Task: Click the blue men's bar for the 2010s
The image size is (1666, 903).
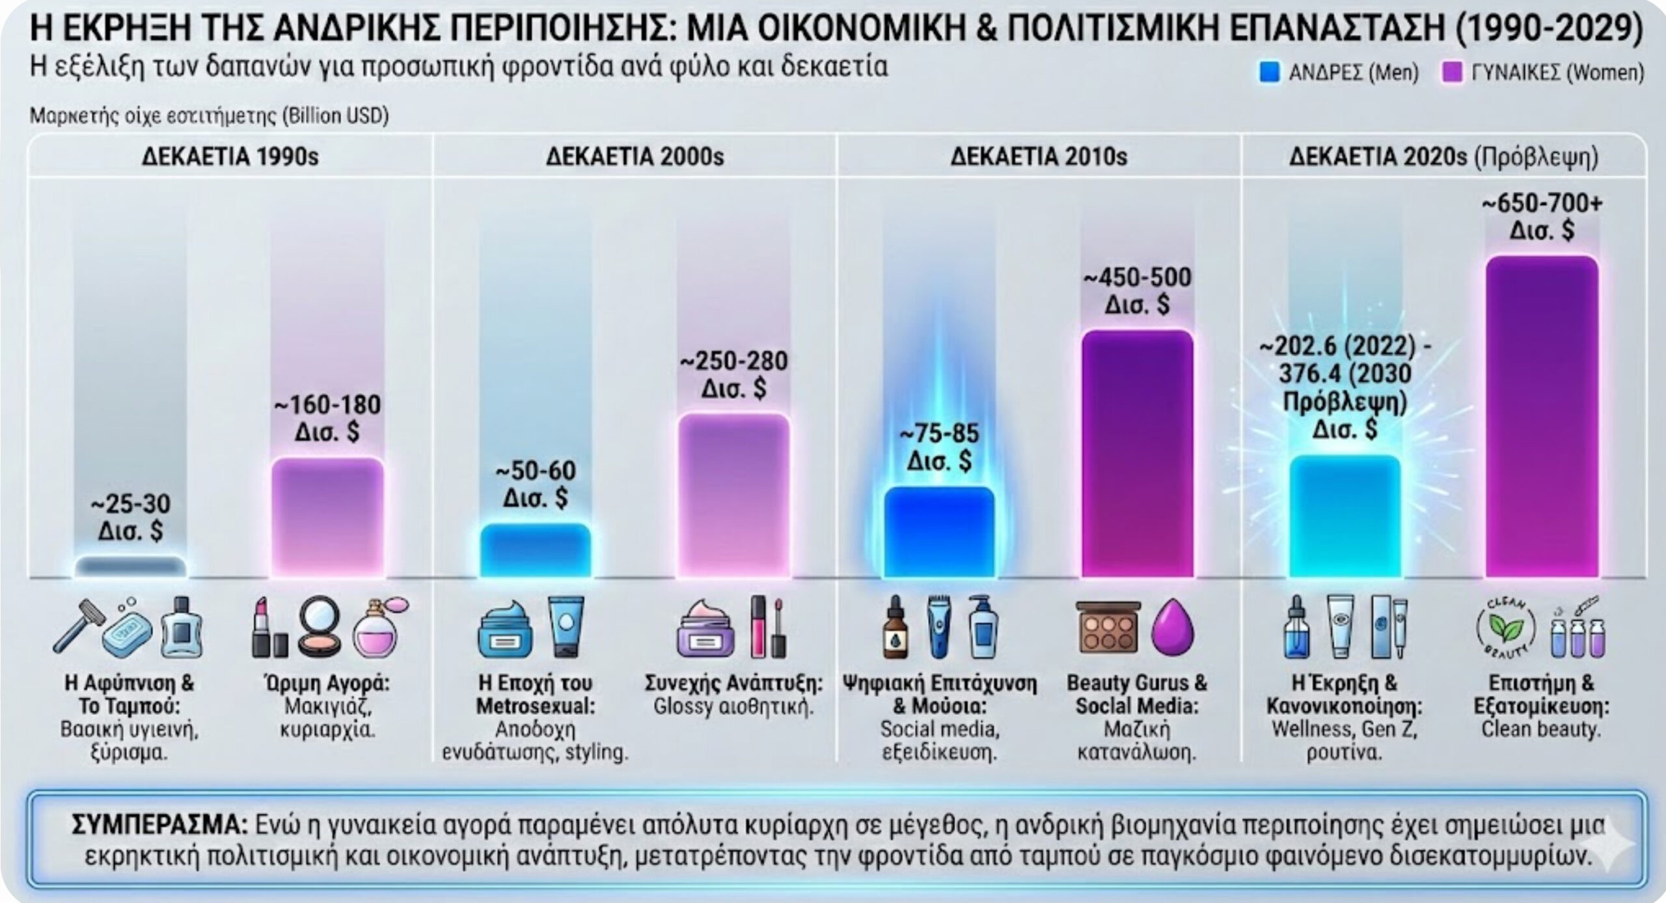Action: pyautogui.click(x=938, y=532)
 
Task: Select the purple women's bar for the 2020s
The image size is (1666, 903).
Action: pyautogui.click(x=1542, y=417)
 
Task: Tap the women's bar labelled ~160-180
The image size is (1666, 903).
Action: pyautogui.click(x=327, y=518)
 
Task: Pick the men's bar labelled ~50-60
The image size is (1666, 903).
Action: pyautogui.click(x=535, y=551)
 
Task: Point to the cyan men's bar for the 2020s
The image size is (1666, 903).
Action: pyautogui.click(x=1345, y=516)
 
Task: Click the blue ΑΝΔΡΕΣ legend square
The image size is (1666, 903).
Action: pyautogui.click(x=1269, y=72)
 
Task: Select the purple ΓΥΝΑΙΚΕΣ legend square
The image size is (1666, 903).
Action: pyautogui.click(x=1452, y=72)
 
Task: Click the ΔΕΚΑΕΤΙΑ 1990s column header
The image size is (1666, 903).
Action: pyautogui.click(x=230, y=157)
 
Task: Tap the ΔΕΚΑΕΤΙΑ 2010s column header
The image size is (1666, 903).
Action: pyautogui.click(x=1039, y=157)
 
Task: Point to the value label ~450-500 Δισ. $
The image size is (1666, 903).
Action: pyautogui.click(x=1137, y=290)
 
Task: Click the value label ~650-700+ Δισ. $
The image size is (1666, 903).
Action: pyautogui.click(x=1542, y=217)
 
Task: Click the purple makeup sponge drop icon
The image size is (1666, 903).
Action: pyautogui.click(x=1173, y=627)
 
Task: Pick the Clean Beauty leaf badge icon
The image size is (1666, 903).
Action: pyautogui.click(x=1505, y=628)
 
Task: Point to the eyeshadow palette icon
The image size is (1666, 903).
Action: pyautogui.click(x=1108, y=627)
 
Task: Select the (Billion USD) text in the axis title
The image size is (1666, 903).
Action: pyautogui.click(x=335, y=116)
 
